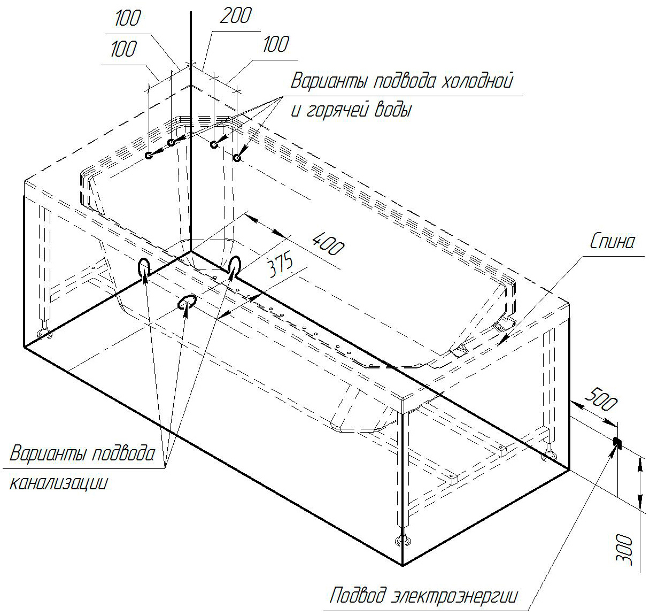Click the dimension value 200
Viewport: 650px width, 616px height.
pyautogui.click(x=235, y=15)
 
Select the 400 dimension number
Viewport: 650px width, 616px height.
pyautogui.click(x=328, y=244)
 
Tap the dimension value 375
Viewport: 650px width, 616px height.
pyautogui.click(x=281, y=264)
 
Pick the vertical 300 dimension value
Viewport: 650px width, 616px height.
pyautogui.click(x=624, y=550)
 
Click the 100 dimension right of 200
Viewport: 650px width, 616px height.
pyautogui.click(x=276, y=44)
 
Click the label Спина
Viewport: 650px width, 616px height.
pyautogui.click(x=612, y=242)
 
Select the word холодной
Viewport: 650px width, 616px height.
pyautogui.click(x=477, y=80)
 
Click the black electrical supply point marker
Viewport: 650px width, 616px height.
pyautogui.click(x=617, y=442)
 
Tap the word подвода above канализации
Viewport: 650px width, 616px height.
pyautogui.click(x=123, y=453)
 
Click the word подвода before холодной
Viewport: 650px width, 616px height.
pyautogui.click(x=405, y=81)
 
